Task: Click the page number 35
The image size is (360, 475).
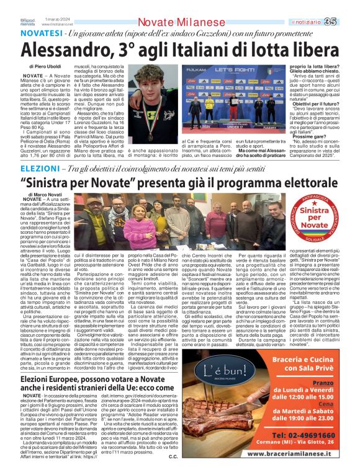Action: [x=347, y=22]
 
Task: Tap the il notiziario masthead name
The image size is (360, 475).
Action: [x=322, y=22]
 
